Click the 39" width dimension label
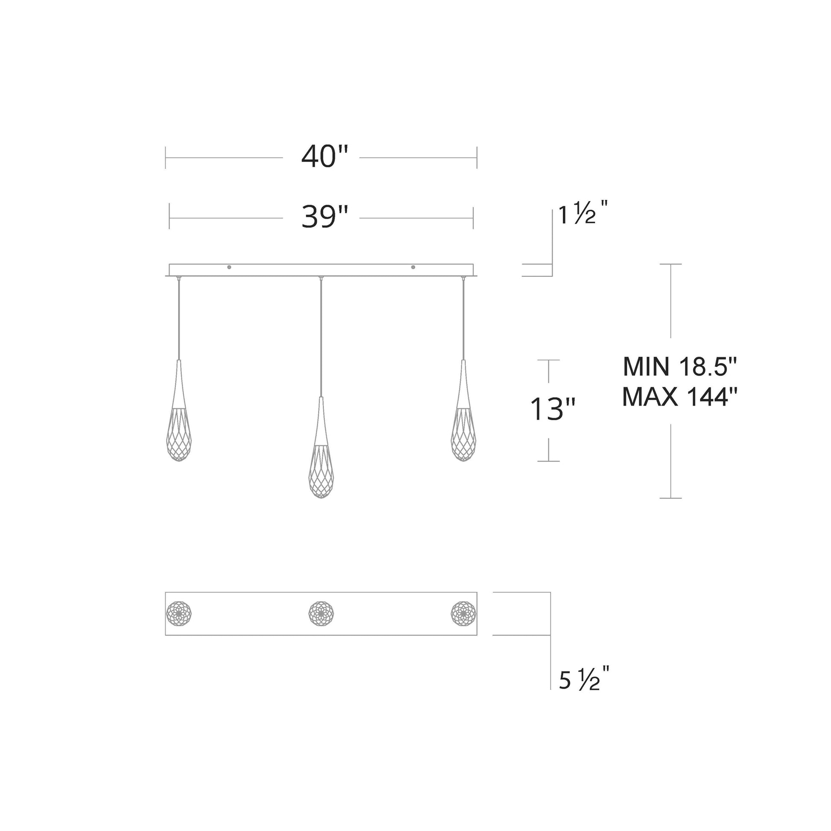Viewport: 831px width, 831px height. click(x=324, y=217)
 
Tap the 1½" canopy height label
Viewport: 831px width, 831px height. click(x=583, y=214)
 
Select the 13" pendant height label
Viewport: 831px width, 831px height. click(x=552, y=409)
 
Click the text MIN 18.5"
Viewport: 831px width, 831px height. click(x=680, y=367)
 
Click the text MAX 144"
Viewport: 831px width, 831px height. click(x=680, y=397)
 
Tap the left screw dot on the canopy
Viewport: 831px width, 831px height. click(x=229, y=267)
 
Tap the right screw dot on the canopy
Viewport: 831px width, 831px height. click(x=413, y=267)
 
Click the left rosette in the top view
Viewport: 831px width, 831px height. click(x=179, y=613)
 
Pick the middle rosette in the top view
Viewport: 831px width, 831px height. click(x=321, y=613)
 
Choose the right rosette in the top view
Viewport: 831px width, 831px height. click(x=463, y=613)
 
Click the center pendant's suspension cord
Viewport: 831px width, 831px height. click(x=321, y=336)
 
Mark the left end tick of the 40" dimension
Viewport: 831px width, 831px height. click(x=166, y=158)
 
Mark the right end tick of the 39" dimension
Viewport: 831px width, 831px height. click(x=473, y=218)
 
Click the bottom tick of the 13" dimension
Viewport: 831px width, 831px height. click(x=548, y=461)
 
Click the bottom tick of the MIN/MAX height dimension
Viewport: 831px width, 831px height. click(x=670, y=498)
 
